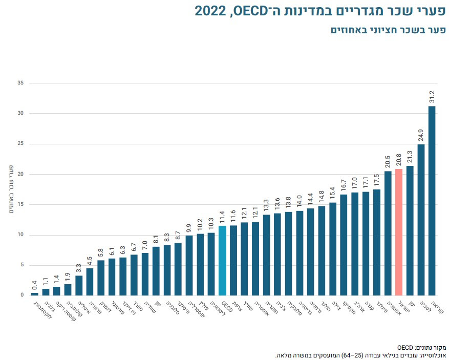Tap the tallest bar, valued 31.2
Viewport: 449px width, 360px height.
click(x=432, y=200)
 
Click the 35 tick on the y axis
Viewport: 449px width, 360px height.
click(x=20, y=82)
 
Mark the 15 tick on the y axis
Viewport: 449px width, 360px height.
click(x=20, y=204)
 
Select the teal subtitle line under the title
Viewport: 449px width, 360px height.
click(x=387, y=30)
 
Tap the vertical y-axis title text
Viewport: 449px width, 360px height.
click(x=11, y=189)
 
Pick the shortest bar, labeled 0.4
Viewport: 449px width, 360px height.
click(x=35, y=294)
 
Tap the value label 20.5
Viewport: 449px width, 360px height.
click(x=388, y=163)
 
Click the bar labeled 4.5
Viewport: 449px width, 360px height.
click(x=90, y=282)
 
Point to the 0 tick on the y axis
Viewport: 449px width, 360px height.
click(x=22, y=295)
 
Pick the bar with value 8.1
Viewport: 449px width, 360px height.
click(x=156, y=271)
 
